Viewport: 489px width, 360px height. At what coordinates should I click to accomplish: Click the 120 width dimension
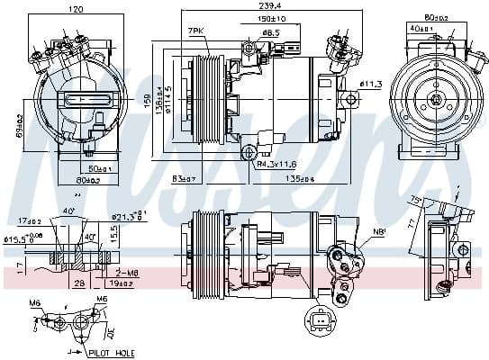(76, 8)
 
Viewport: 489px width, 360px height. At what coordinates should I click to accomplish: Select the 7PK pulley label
(195, 31)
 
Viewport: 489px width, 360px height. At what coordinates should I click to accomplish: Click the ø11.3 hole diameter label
(371, 84)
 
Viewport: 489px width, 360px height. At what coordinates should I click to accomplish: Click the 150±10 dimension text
(273, 18)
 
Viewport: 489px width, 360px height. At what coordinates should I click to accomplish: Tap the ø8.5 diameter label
(269, 33)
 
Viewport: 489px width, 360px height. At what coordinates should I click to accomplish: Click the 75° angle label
(416, 199)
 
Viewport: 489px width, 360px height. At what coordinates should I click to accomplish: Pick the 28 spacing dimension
(79, 283)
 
